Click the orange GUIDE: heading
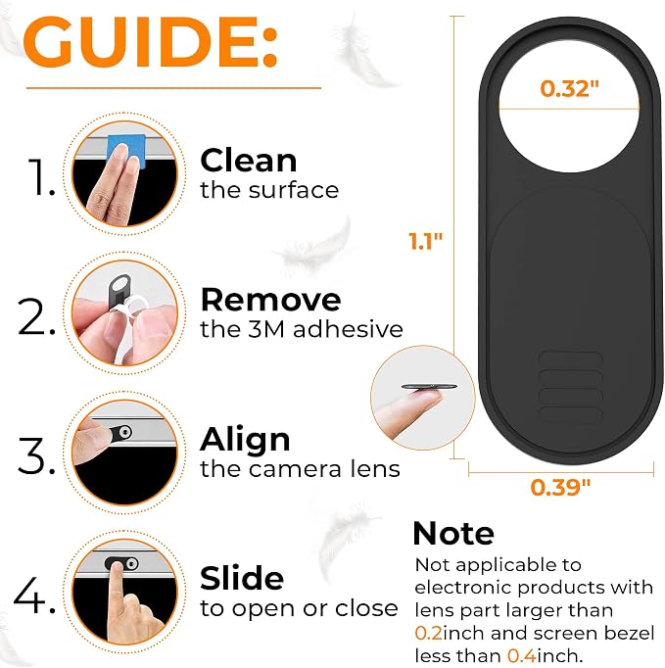(x=151, y=41)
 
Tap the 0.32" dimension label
(x=569, y=88)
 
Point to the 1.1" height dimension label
(x=426, y=241)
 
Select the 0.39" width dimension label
(x=560, y=487)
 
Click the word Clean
(x=249, y=161)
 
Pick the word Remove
(x=270, y=300)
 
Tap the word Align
(x=245, y=440)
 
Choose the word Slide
(x=242, y=578)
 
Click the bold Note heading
(x=453, y=534)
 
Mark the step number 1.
(x=41, y=177)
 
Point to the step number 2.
(x=36, y=316)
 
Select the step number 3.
(x=36, y=455)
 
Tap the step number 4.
(x=34, y=596)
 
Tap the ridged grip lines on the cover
(x=571, y=387)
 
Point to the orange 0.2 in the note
(x=429, y=633)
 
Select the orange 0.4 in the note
(x=522, y=655)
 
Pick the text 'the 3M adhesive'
(x=302, y=329)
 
